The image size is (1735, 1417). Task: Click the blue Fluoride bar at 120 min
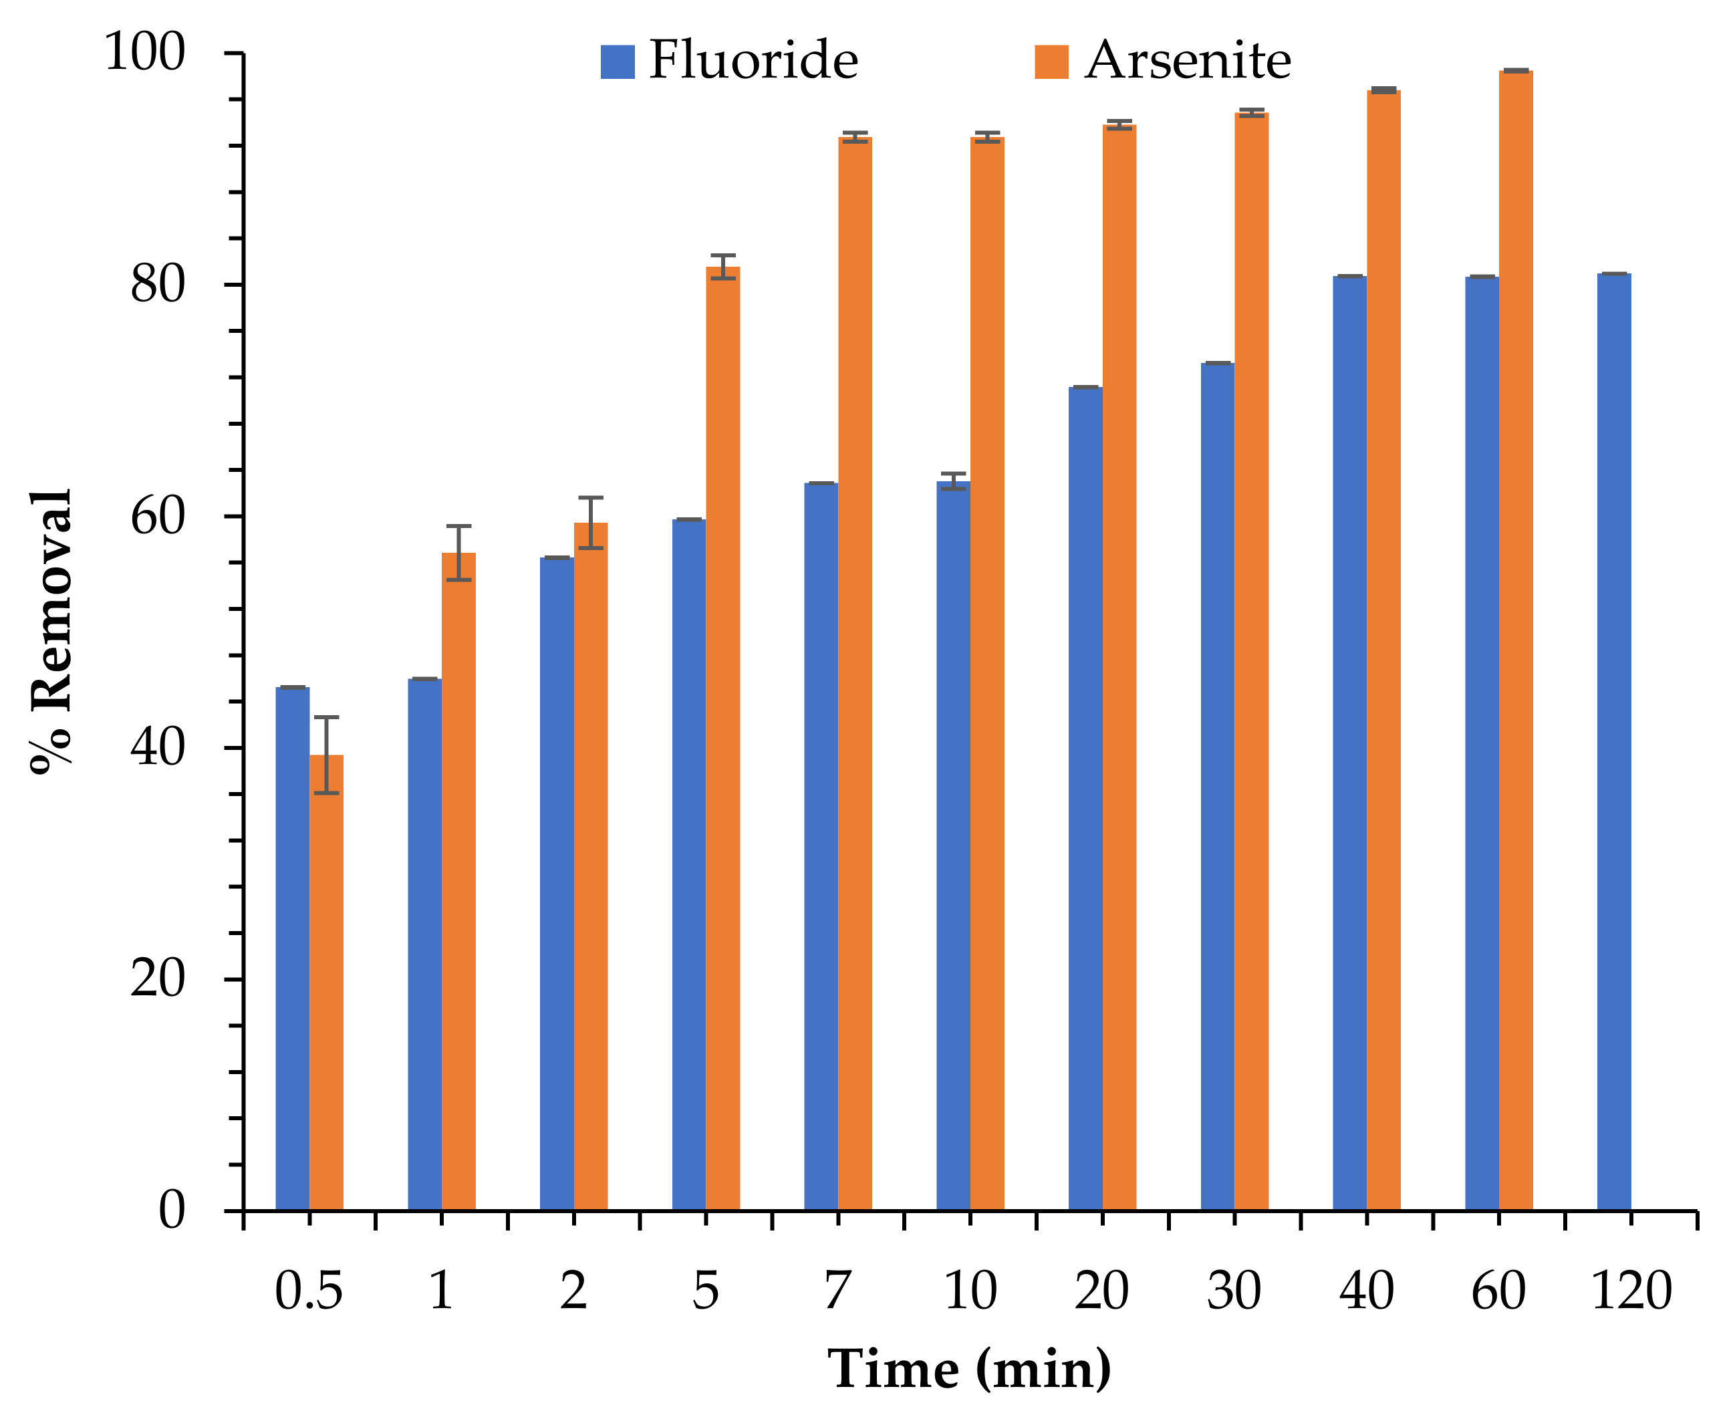coord(1613,743)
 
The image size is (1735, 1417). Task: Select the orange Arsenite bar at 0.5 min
coord(326,984)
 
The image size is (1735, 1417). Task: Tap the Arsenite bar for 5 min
coord(723,739)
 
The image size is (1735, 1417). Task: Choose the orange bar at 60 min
coord(1516,641)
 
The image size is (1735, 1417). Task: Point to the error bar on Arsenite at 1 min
coord(458,553)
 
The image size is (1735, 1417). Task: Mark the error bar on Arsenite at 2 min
coord(591,523)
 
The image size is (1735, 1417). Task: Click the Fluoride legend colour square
coord(618,62)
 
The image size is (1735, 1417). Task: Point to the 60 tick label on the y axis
coord(158,516)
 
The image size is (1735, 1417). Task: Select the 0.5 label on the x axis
coord(309,1291)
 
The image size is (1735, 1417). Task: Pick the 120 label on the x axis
coord(1631,1291)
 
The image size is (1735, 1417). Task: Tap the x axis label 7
coord(838,1291)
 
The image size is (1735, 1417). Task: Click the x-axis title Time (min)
coord(970,1369)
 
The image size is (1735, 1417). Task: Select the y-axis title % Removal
coord(51,631)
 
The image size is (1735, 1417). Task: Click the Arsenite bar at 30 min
coord(1251,661)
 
